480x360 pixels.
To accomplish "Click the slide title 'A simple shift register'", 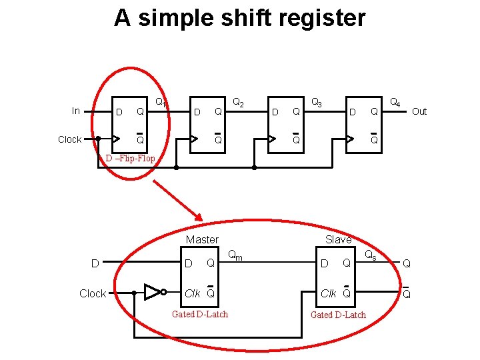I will [240, 18].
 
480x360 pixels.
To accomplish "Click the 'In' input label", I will [76, 111].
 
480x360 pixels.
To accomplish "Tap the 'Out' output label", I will [419, 111].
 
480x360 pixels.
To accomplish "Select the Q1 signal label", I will [161, 103].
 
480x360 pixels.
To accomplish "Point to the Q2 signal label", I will [238, 103].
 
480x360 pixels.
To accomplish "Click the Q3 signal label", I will [317, 103].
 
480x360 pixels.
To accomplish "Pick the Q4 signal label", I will [395, 103].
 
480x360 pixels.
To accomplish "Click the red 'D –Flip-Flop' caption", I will [131, 159].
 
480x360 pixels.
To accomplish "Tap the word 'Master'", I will [202, 239].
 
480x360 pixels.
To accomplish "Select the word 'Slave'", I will [338, 239].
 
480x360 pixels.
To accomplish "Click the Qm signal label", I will [235, 254].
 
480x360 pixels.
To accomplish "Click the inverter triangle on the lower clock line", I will [153, 292].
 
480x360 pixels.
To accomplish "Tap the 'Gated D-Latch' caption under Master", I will [200, 314].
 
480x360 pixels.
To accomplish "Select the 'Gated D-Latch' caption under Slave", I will [338, 315].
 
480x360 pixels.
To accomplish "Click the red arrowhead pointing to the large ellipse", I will [197, 214].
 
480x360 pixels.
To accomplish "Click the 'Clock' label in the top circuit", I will [70, 139].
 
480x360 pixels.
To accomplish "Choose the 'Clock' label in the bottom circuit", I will [93, 293].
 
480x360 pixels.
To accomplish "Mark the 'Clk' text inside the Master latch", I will [192, 293].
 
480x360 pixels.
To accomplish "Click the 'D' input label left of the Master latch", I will [95, 263].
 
